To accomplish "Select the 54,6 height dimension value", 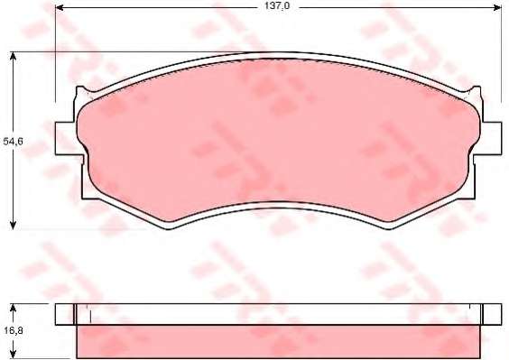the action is coord(13,142).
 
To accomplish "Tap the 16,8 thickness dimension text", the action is coord(13,330).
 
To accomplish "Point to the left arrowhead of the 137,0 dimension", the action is coord(60,7).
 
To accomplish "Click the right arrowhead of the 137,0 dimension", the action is coord(497,7).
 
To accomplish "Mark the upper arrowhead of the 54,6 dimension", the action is coord(13,57).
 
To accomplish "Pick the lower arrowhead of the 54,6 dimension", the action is coord(13,225).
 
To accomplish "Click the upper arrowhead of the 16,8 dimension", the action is coord(13,309).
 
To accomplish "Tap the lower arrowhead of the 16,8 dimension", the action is coord(13,354).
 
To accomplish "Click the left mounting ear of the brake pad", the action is coord(66,139).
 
